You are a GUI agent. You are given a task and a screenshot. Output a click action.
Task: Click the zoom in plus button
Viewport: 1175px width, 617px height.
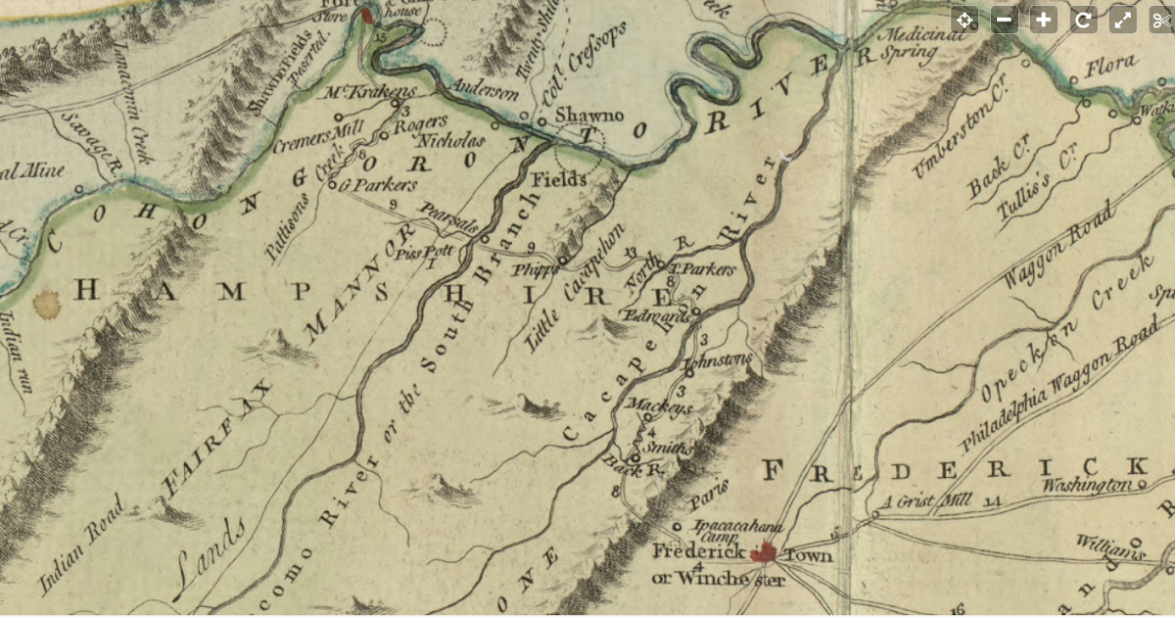click(x=1044, y=20)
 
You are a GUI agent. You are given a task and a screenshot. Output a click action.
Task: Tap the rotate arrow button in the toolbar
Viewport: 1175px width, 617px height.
click(x=1083, y=20)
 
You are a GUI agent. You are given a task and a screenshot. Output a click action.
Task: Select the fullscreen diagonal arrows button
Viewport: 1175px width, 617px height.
click(x=1122, y=20)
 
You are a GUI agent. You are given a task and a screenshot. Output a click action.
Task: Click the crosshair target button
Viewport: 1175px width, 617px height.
click(x=964, y=20)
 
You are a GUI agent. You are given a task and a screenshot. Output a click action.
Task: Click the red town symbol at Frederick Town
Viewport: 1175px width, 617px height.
click(x=766, y=553)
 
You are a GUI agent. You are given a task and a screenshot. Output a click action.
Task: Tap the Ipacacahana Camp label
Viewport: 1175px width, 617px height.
click(x=712, y=529)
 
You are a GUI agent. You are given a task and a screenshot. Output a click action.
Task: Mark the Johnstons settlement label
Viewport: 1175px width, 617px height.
click(x=719, y=361)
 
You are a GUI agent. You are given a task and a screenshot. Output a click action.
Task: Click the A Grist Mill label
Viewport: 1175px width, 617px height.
click(x=925, y=502)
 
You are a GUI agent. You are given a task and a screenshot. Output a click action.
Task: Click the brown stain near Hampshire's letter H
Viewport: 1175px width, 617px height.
click(x=46, y=305)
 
